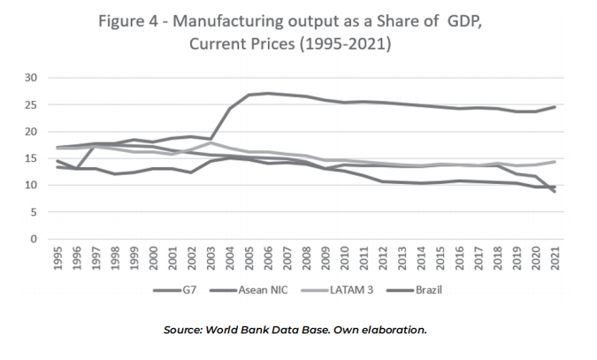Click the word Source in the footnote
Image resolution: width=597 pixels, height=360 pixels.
coord(187,330)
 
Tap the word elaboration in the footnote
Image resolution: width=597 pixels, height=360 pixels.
coord(394,330)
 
